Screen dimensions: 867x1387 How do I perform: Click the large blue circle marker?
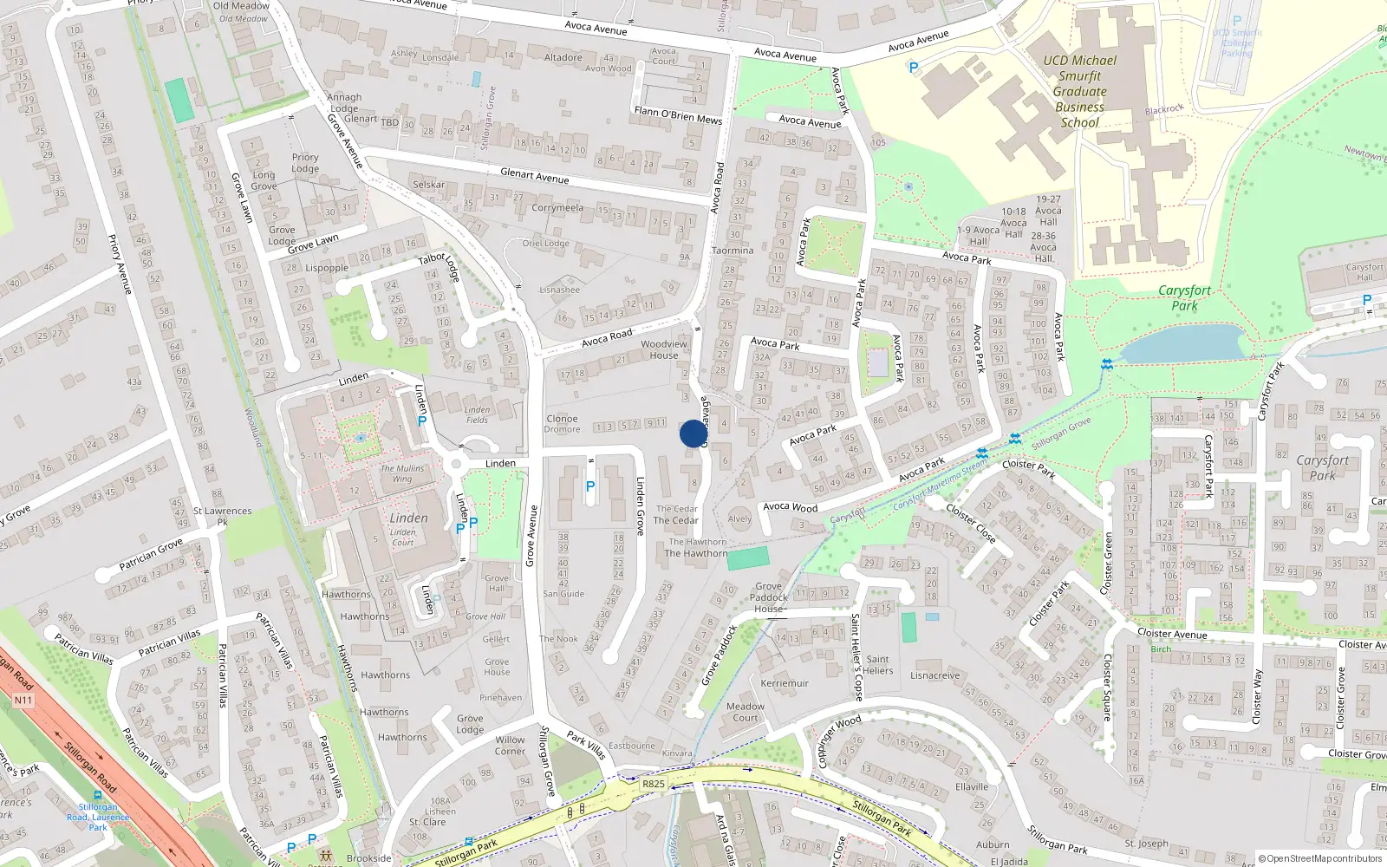pyautogui.click(x=693, y=433)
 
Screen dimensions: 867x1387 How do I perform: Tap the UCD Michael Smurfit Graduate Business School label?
pyautogui.click(x=1080, y=91)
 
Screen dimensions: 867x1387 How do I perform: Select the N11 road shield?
pyautogui.click(x=23, y=701)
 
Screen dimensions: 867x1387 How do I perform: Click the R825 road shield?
pyautogui.click(x=653, y=784)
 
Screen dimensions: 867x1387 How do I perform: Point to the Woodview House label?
pyautogui.click(x=664, y=349)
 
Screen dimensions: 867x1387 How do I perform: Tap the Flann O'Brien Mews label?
pyautogui.click(x=678, y=114)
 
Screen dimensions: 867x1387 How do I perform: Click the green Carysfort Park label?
pyautogui.click(x=1184, y=297)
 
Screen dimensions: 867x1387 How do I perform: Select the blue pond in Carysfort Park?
pyautogui.click(x=1184, y=344)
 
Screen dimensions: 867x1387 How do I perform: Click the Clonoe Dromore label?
pyautogui.click(x=563, y=424)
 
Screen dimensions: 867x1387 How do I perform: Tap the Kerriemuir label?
pyautogui.click(x=785, y=683)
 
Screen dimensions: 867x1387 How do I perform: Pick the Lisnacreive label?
pyautogui.click(x=935, y=675)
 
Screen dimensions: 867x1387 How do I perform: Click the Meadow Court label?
pyautogui.click(x=746, y=712)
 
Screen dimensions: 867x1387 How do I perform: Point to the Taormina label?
pyautogui.click(x=733, y=251)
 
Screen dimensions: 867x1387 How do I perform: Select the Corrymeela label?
pyautogui.click(x=557, y=208)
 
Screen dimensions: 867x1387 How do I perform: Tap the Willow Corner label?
pyautogui.click(x=510, y=746)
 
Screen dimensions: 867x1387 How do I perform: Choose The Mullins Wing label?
pyautogui.click(x=402, y=473)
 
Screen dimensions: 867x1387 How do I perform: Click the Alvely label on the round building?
pyautogui.click(x=739, y=519)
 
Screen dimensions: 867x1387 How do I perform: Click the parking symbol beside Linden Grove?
pyautogui.click(x=590, y=486)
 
